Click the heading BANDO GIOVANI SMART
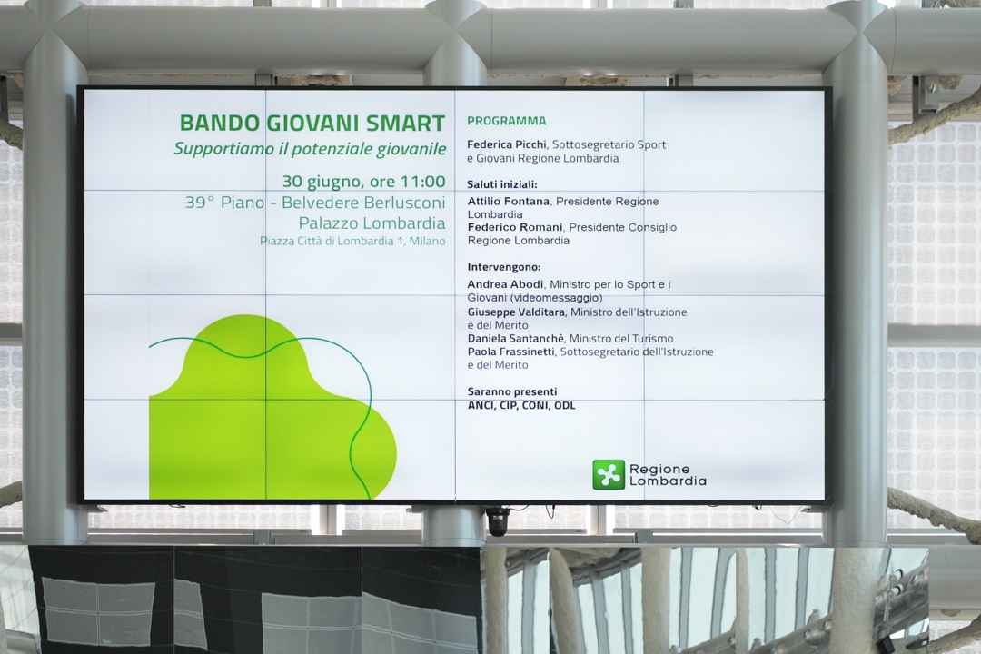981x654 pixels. (x=312, y=124)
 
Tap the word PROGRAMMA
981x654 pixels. (x=507, y=121)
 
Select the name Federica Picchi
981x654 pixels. (x=507, y=144)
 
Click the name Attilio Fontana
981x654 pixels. (x=509, y=202)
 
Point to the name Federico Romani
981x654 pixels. (x=515, y=227)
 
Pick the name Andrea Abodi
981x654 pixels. (x=506, y=284)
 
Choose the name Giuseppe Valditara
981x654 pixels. (x=516, y=312)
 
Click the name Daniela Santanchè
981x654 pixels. (x=516, y=339)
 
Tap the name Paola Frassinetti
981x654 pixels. (x=510, y=352)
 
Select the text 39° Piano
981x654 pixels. (x=224, y=203)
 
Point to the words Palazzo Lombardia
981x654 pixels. (x=372, y=223)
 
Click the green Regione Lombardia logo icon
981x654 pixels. (x=609, y=474)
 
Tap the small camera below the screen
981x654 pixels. (x=498, y=522)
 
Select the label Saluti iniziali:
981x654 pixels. (x=502, y=184)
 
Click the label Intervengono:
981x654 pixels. (x=504, y=267)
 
